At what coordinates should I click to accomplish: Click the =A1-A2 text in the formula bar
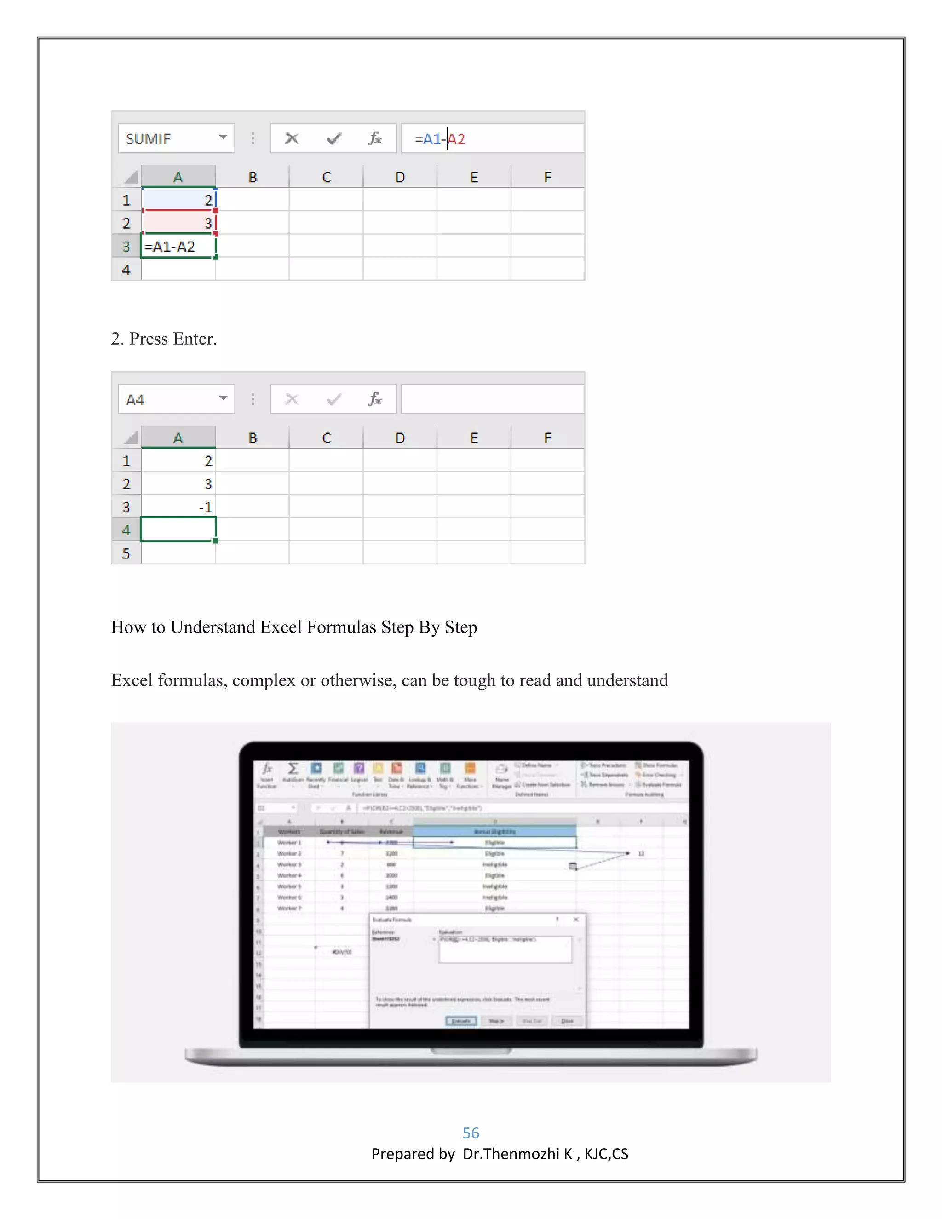coord(440,138)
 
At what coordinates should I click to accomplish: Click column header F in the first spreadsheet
coord(547,177)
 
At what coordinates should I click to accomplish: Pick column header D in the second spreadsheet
coord(400,437)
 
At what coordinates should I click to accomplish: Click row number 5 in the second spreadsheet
coord(126,553)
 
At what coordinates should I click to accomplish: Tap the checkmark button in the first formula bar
coord(334,138)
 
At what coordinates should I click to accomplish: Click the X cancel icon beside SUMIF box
coord(292,138)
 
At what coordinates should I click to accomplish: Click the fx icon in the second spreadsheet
coord(375,399)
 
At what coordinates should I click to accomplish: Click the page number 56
coord(471,1133)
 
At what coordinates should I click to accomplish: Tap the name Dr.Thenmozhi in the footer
coord(511,1154)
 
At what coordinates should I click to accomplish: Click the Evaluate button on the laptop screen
coord(461,1021)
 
